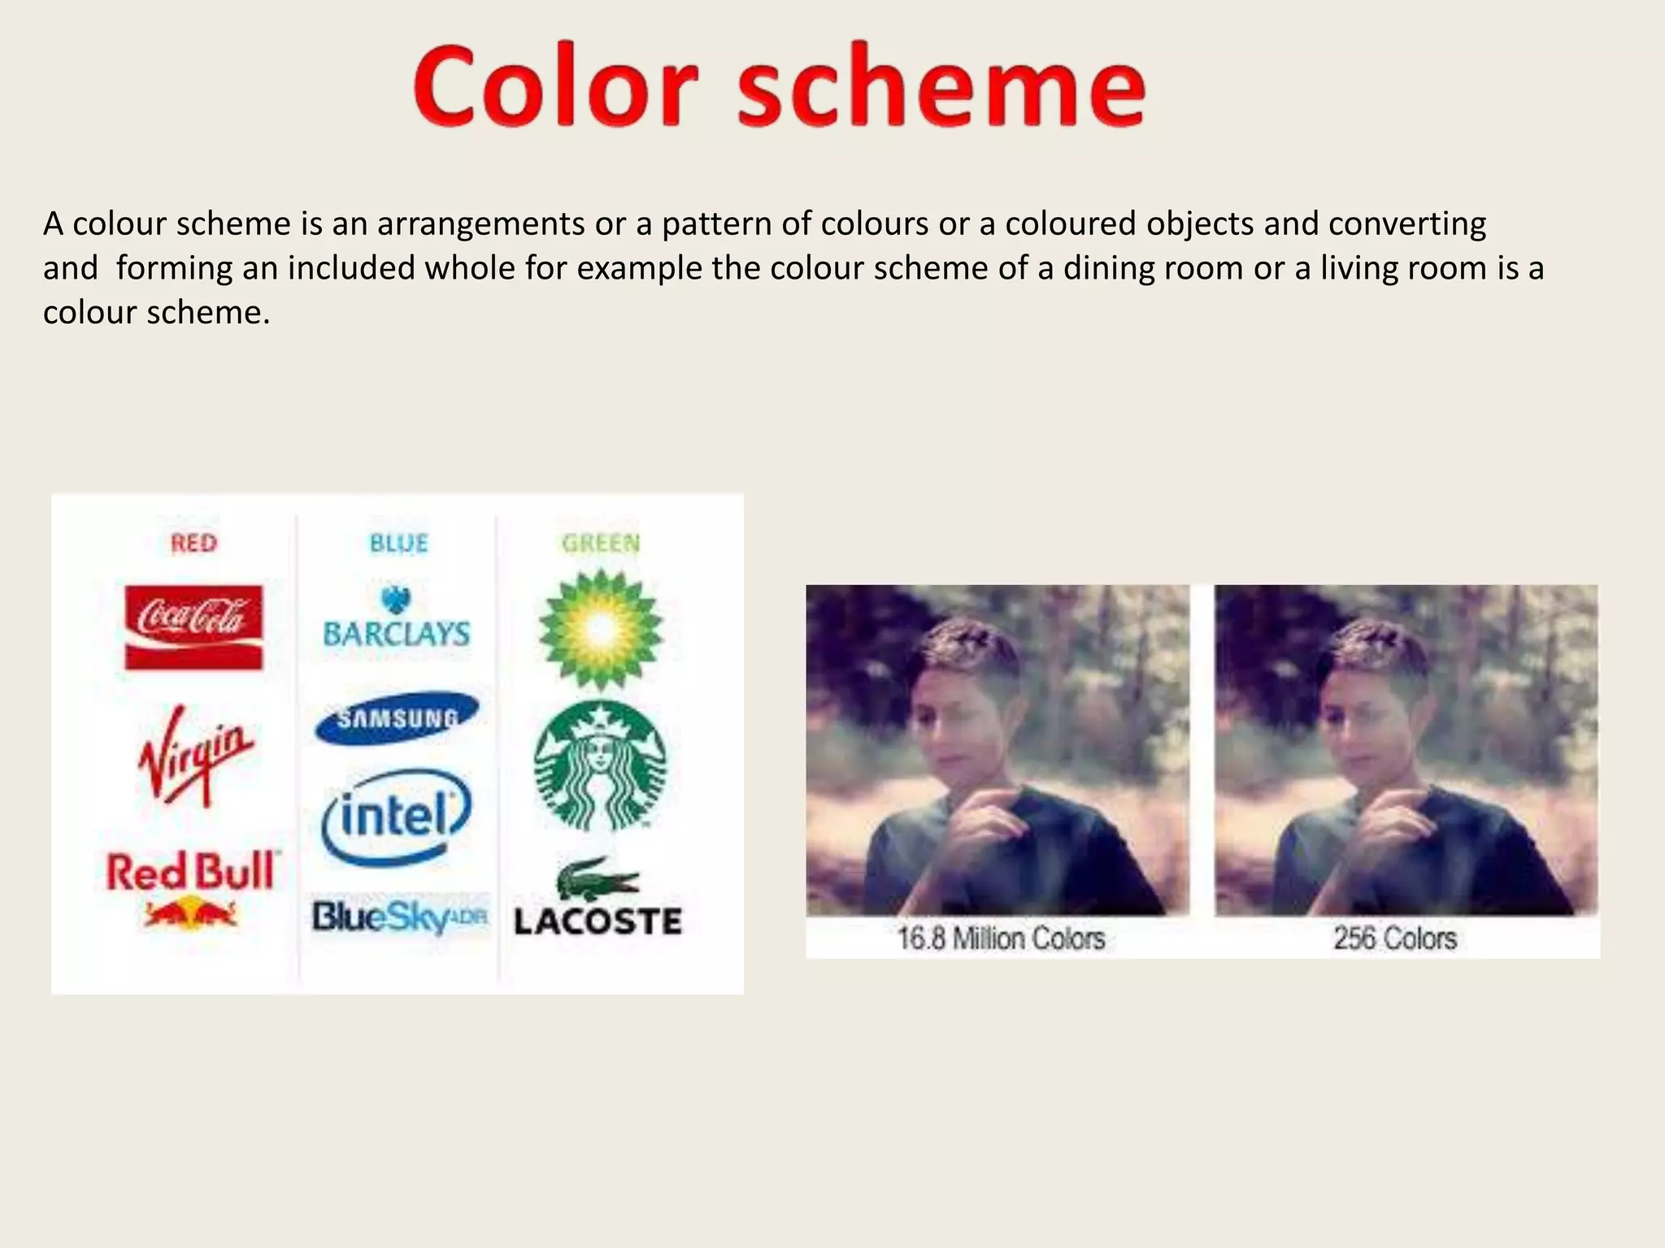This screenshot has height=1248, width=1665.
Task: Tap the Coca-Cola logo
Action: coord(193,626)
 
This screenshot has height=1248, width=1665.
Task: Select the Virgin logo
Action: coord(195,754)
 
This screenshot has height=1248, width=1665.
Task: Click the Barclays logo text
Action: coord(397,634)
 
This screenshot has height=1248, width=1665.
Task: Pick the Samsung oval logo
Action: coord(397,717)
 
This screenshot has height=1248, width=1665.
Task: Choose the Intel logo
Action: coord(397,816)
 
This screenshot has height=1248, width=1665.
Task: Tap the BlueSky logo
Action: coord(399,918)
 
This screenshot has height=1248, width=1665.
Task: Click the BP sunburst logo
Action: coord(601,628)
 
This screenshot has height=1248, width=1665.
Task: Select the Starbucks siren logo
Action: coord(600,765)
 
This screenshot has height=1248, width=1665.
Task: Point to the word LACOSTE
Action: coord(598,922)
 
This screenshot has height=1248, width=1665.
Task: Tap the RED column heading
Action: coord(193,543)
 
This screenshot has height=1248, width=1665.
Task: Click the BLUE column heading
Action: coord(398,543)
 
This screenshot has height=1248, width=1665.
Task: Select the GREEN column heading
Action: coord(601,543)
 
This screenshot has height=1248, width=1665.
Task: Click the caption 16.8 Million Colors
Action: coord(1001,938)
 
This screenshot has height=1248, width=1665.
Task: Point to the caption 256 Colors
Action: coord(1395,938)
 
